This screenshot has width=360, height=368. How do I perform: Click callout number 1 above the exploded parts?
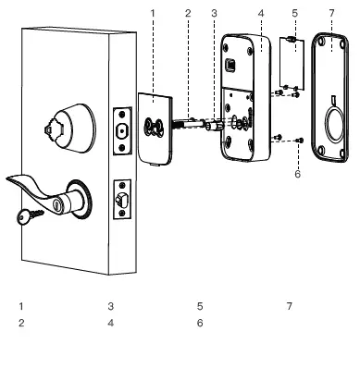tap(153, 13)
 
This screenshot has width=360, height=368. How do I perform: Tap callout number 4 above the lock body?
tap(261, 13)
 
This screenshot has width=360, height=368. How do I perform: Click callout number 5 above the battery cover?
tap(294, 13)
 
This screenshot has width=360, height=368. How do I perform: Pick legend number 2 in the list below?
tap(20, 323)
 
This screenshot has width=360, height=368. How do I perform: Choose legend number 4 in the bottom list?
tap(110, 323)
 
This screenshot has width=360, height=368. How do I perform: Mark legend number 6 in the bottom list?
tap(200, 323)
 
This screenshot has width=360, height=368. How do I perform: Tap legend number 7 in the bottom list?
tap(289, 305)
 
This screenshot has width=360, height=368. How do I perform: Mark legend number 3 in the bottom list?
tap(110, 305)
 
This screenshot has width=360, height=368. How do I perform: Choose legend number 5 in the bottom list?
tap(200, 305)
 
